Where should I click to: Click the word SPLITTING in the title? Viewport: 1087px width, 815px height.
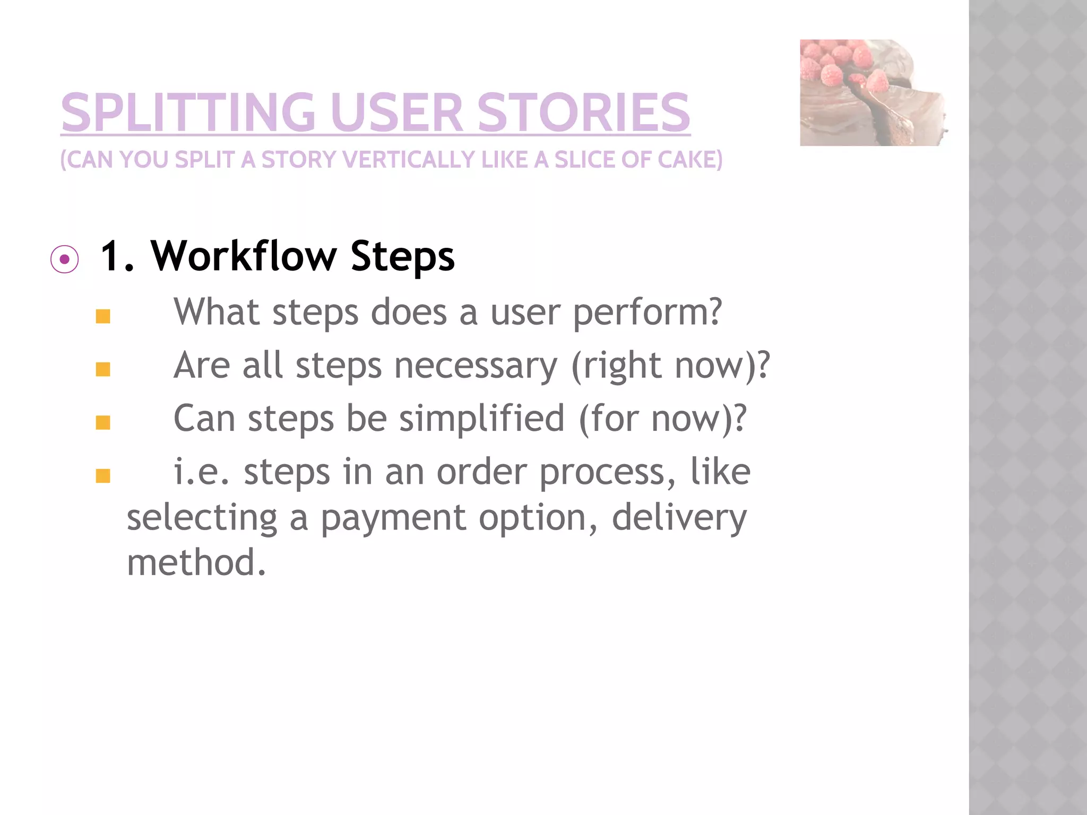click(x=188, y=112)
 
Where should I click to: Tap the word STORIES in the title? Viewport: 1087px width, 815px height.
click(x=583, y=112)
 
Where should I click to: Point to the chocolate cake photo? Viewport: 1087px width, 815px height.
click(x=873, y=92)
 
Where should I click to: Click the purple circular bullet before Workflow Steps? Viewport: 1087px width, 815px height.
click(x=65, y=259)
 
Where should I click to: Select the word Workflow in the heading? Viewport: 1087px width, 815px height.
click(x=244, y=256)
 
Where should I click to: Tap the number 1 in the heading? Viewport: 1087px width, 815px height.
click(x=111, y=256)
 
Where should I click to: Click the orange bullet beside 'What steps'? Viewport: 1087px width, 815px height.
click(x=103, y=317)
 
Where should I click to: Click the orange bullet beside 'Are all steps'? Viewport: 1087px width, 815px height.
click(x=103, y=369)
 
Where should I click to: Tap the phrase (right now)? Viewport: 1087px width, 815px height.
click(x=669, y=366)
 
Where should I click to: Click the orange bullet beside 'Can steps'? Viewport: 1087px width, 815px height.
click(x=103, y=423)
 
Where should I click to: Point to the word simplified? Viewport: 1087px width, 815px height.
click(x=481, y=419)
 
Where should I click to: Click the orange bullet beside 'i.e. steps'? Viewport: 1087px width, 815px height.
click(x=103, y=476)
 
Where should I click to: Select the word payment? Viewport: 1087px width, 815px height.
click(x=393, y=519)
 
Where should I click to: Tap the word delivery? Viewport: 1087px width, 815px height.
click(x=679, y=519)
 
